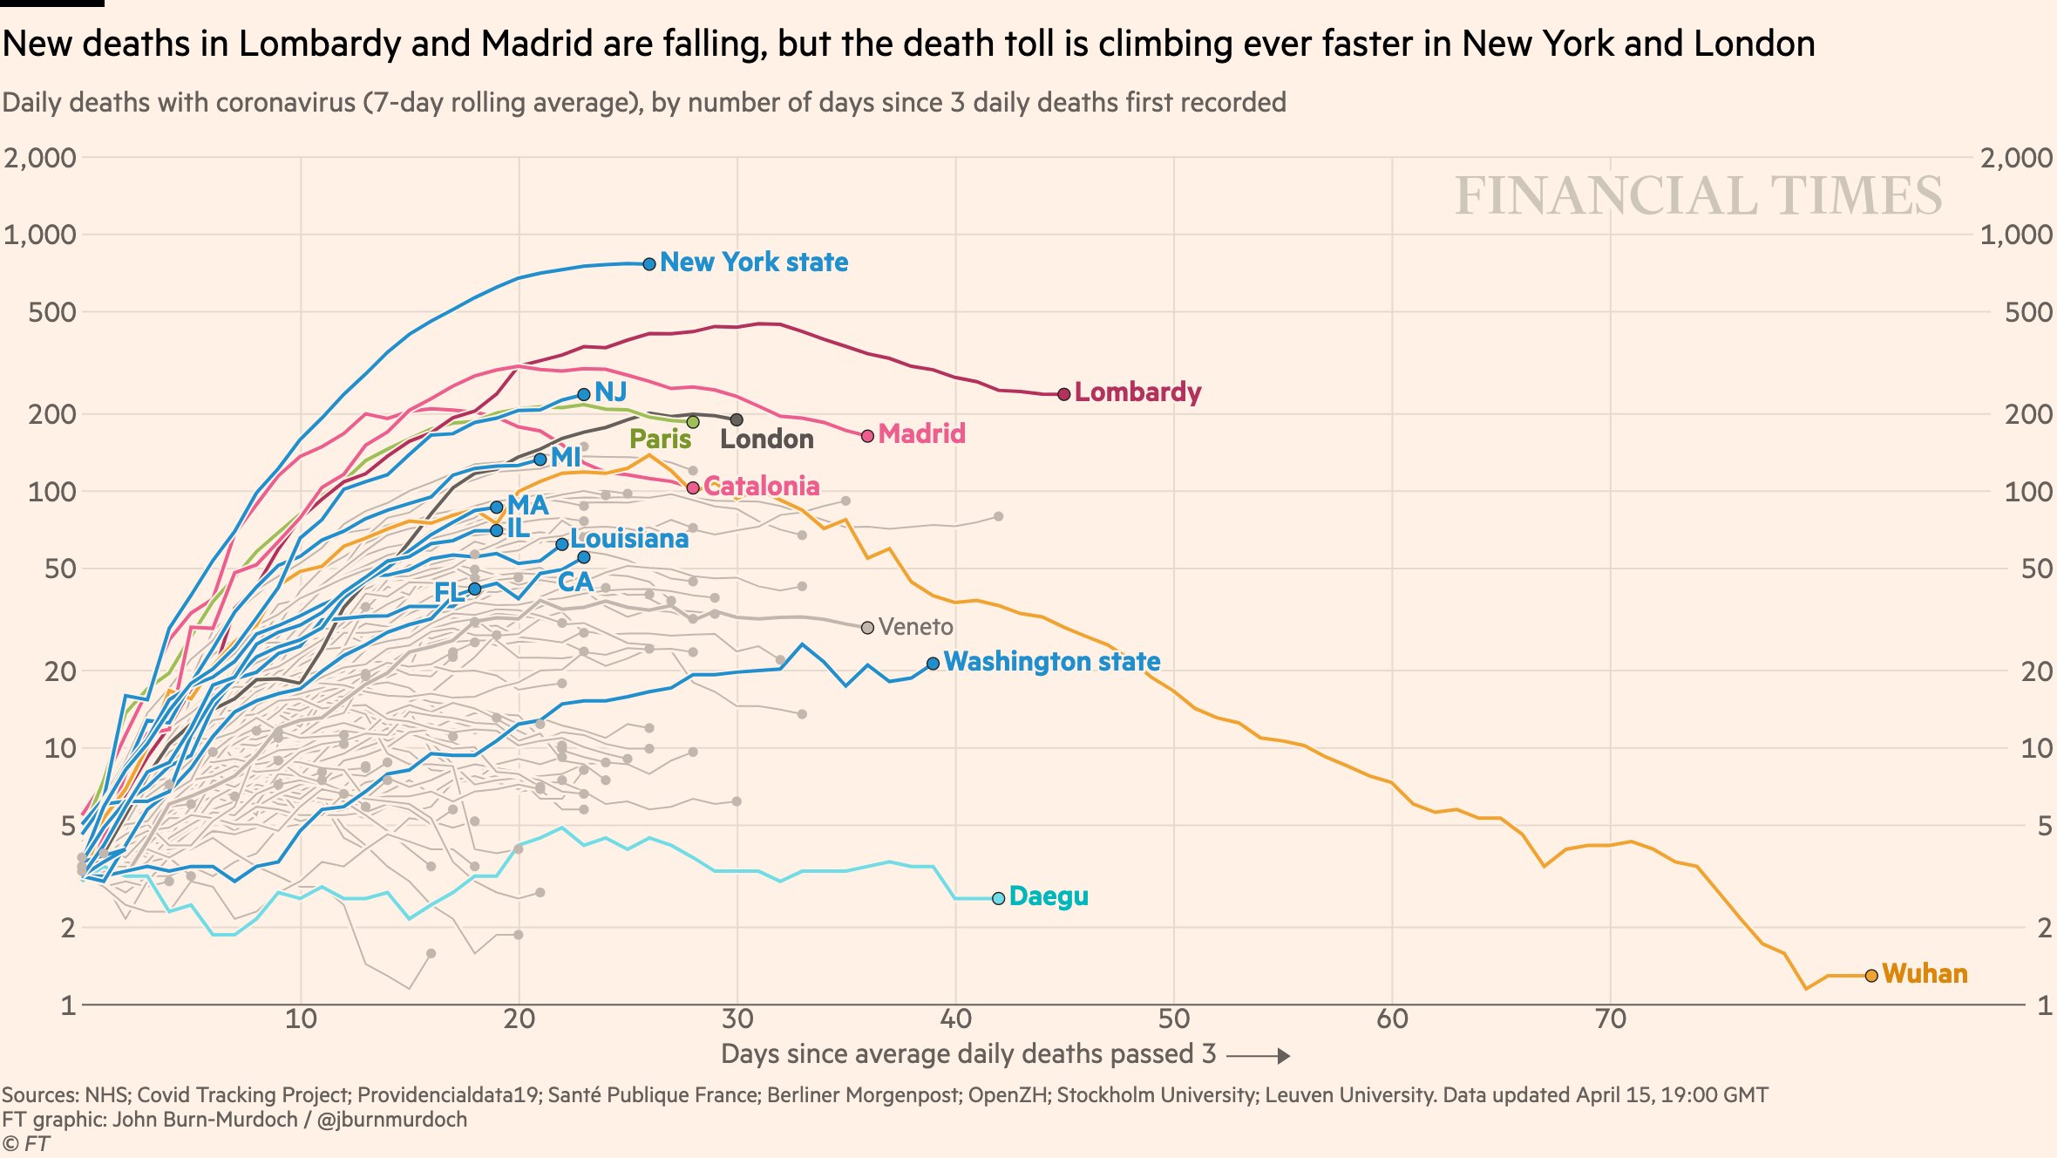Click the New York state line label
pyautogui.click(x=753, y=262)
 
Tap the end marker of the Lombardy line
pyautogui.click(x=1063, y=394)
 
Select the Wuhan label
pyautogui.click(x=1925, y=973)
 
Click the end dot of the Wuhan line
pyautogui.click(x=1870, y=976)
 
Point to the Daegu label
pyautogui.click(x=1049, y=896)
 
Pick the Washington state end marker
pyautogui.click(x=933, y=664)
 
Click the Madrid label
pyautogui.click(x=921, y=433)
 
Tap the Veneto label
pyautogui.click(x=915, y=627)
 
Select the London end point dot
pyautogui.click(x=737, y=420)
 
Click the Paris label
pyautogui.click(x=660, y=439)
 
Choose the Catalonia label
pyautogui.click(x=761, y=486)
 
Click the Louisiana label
pyautogui.click(x=629, y=539)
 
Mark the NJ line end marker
pyautogui.click(x=584, y=394)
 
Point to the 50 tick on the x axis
pyautogui.click(x=1173, y=1018)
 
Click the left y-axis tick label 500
pyautogui.click(x=52, y=312)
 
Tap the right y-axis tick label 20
pyautogui.click(x=2036, y=671)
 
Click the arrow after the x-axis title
pyautogui.click(x=1258, y=1056)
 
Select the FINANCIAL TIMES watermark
pyautogui.click(x=1698, y=195)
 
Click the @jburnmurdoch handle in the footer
pyautogui.click(x=391, y=1120)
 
